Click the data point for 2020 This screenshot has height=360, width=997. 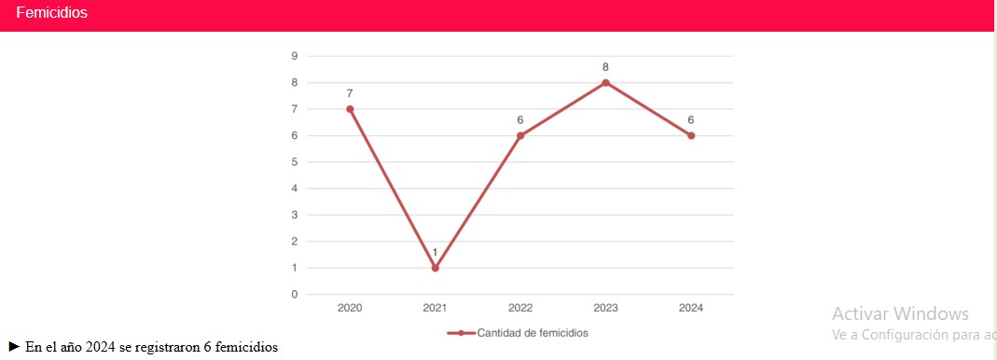[350, 109]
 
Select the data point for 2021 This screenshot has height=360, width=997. [435, 268]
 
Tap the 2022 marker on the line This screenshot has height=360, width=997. [520, 135]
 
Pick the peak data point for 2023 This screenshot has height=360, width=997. [605, 82]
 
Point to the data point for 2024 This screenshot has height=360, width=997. [691, 135]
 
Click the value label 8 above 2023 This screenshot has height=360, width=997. [605, 67]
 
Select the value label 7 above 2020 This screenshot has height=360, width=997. [350, 93]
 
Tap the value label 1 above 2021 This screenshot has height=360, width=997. [435, 253]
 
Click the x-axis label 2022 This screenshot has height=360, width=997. [520, 308]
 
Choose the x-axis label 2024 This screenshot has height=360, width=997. [691, 308]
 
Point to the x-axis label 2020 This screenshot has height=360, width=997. [350, 308]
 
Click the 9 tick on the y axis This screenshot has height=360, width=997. [295, 56]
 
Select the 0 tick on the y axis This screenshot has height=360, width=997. [295, 295]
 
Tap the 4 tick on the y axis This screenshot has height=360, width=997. [295, 188]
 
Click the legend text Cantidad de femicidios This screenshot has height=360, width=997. [533, 333]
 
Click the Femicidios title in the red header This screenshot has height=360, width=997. [51, 13]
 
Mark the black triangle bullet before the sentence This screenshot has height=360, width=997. [14, 347]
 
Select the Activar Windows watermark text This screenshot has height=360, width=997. [900, 314]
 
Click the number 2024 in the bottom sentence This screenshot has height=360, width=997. [100, 348]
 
